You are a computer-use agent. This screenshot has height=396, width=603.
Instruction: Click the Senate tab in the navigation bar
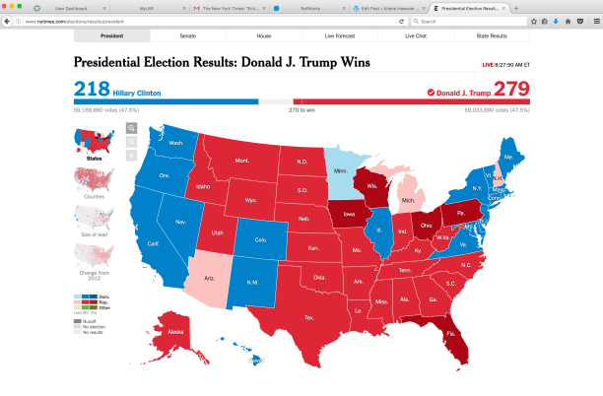pos(187,35)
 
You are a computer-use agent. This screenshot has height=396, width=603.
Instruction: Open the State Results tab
pos(491,35)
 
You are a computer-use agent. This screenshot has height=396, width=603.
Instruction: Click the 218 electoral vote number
pos(92,89)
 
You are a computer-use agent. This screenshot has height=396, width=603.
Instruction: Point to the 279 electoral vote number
pos(511,89)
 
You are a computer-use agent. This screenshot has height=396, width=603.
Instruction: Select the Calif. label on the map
pos(154,243)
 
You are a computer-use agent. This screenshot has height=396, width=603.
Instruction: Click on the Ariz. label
pos(210,279)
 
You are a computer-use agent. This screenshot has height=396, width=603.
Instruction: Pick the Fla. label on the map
pos(450,333)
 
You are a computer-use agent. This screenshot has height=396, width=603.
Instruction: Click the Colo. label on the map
pos(260,239)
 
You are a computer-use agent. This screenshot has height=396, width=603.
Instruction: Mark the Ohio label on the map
pos(426,225)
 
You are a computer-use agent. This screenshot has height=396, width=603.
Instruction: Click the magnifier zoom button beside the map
pos(132,128)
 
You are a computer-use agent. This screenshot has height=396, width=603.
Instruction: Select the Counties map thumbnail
pos(95,182)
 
